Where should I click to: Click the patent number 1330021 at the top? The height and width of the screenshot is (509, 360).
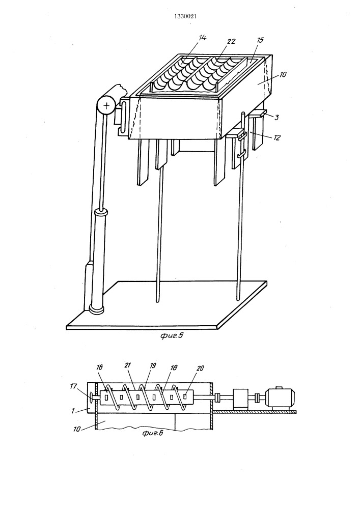click(185, 16)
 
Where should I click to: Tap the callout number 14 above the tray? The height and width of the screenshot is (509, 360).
click(202, 38)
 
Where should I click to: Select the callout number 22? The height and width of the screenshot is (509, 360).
click(232, 42)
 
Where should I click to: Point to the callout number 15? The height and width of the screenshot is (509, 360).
click(260, 40)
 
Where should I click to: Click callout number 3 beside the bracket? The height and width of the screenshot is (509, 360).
click(276, 118)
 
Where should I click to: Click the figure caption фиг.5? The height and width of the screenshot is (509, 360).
click(172, 335)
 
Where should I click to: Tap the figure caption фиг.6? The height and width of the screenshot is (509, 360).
click(153, 433)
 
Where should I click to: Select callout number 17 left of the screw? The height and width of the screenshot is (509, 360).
click(73, 386)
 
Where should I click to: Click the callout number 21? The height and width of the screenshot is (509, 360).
click(127, 365)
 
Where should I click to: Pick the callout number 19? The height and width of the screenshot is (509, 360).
click(153, 365)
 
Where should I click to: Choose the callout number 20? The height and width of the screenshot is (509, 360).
click(201, 368)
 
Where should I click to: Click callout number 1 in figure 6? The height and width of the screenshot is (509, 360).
click(73, 411)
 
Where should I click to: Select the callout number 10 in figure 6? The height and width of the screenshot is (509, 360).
click(77, 429)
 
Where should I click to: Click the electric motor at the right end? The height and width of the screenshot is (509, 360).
click(280, 398)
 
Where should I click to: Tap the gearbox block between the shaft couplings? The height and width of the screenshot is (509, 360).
click(240, 398)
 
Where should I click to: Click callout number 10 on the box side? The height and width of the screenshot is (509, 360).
click(283, 74)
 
